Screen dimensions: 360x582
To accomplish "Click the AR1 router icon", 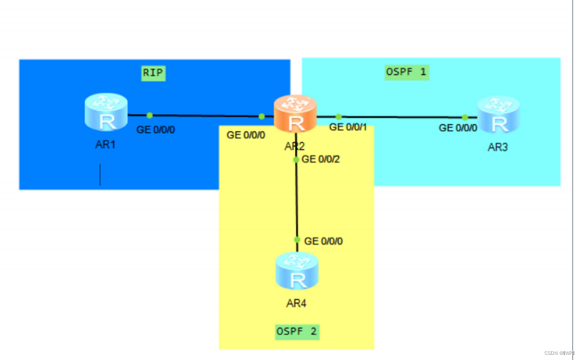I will tap(106, 112).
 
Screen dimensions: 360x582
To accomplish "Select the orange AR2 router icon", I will tap(295, 114).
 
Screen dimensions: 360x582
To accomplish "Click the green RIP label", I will tap(153, 73).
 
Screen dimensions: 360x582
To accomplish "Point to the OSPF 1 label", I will tap(406, 72).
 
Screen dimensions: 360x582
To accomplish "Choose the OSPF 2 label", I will tap(297, 332).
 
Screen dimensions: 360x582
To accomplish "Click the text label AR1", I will tap(106, 145).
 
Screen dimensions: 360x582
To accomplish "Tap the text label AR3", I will tap(497, 147).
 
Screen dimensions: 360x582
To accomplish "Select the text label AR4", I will tap(296, 303).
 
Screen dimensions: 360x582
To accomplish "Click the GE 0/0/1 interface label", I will tap(348, 127).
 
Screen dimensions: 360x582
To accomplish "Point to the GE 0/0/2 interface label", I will tap(320, 159).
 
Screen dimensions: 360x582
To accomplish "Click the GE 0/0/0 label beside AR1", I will tap(155, 130).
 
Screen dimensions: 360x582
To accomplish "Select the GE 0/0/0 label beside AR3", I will tap(458, 128).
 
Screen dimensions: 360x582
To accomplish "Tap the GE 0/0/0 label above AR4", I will tap(324, 241).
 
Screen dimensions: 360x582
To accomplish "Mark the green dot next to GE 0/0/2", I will tap(296, 160).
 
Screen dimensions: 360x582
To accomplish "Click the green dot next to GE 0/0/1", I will tap(338, 117).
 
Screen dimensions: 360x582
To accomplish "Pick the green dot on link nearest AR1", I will tap(149, 115).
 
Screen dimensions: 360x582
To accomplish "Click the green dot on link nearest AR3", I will tap(465, 117).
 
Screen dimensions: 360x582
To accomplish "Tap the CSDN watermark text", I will tap(559, 353).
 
